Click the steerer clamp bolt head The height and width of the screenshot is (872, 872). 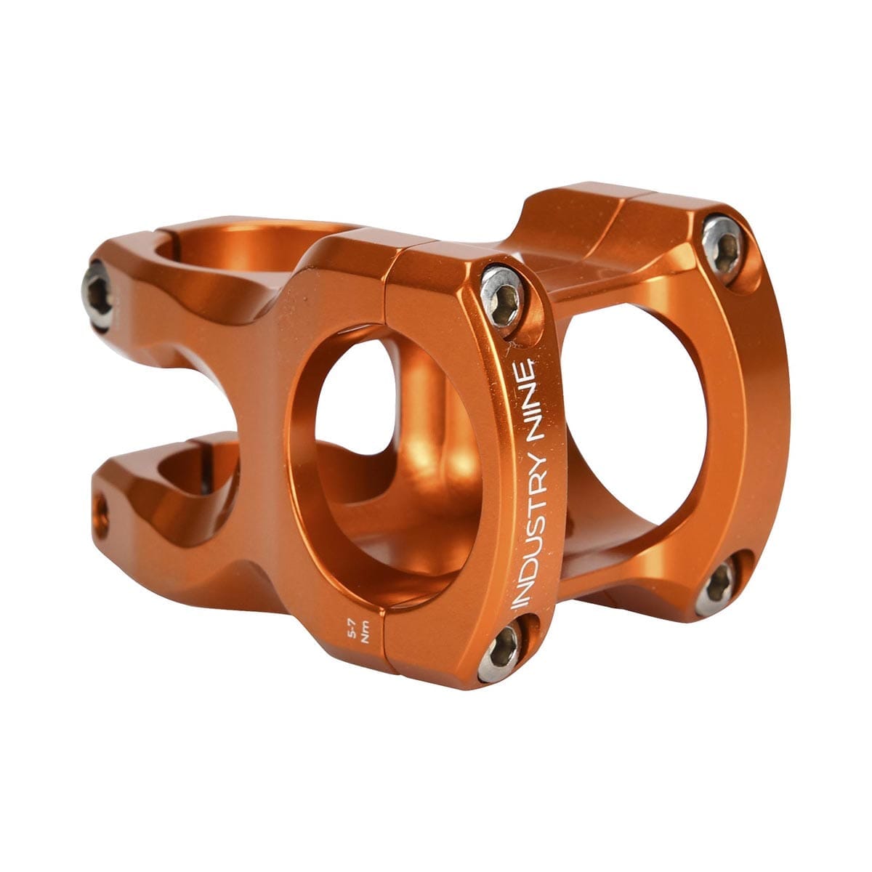point(98,295)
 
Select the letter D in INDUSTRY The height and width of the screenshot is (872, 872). point(528,574)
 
